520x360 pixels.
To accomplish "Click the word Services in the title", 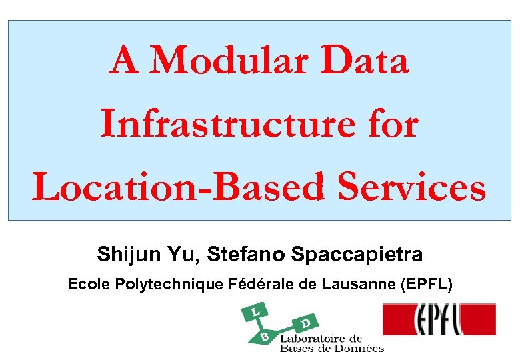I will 412,187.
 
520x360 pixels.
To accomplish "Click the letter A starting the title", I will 125,62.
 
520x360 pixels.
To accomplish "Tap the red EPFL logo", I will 439,319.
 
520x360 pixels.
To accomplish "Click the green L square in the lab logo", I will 255,311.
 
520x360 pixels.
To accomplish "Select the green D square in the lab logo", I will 305,323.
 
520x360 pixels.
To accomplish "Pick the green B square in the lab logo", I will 265,337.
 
